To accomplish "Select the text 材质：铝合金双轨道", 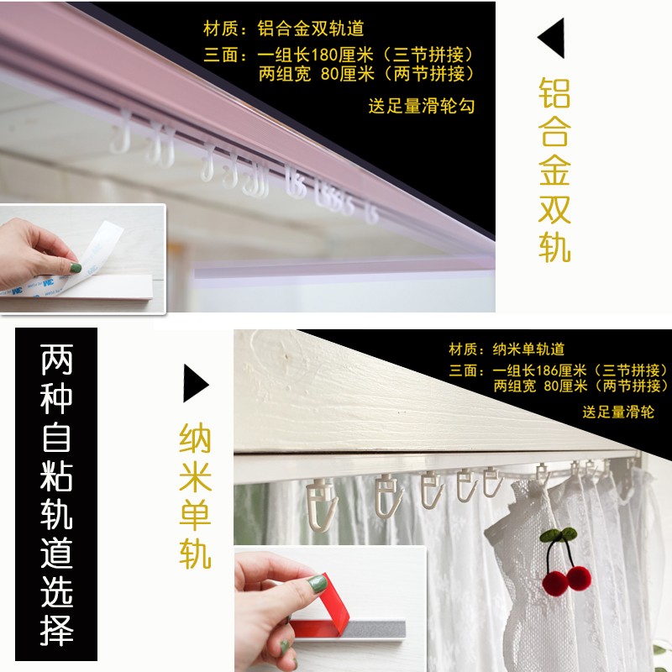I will pyautogui.click(x=284, y=29).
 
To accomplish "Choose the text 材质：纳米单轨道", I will pyautogui.click(x=507, y=349).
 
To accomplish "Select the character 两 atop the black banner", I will pyautogui.click(x=56, y=360).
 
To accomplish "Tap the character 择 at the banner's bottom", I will pyautogui.click(x=56, y=630).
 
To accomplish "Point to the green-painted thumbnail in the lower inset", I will pyautogui.click(x=318, y=583).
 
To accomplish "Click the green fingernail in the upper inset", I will pyautogui.click(x=75, y=268).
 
